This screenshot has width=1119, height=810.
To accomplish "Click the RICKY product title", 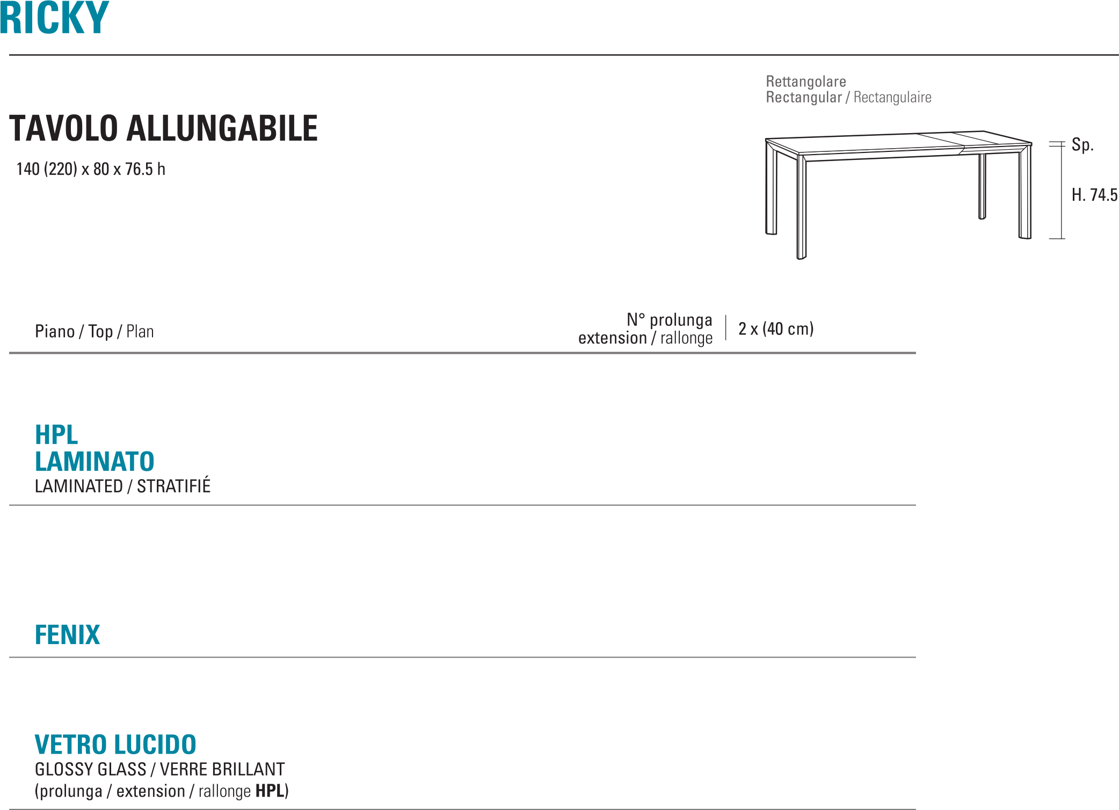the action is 54,18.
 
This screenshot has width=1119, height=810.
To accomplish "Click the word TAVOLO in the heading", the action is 63,129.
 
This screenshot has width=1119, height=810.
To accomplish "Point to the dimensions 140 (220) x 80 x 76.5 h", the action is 91,170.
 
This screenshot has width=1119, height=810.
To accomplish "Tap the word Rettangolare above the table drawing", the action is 805,82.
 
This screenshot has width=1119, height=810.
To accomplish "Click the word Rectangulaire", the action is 892,98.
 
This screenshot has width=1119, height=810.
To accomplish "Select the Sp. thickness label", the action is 1082,145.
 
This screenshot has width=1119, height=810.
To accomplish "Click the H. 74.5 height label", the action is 1094,195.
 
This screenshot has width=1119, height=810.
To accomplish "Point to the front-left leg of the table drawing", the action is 801,209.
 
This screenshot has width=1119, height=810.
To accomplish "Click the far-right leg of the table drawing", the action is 1025,193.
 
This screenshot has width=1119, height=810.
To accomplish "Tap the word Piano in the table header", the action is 55,332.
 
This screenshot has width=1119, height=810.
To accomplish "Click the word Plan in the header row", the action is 140,332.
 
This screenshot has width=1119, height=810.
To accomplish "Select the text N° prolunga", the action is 670,320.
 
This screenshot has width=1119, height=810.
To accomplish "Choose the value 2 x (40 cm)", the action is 776,329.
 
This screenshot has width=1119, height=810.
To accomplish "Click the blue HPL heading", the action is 56,435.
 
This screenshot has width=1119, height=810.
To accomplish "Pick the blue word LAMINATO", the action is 95,462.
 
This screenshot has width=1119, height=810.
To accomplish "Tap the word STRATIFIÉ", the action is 173,486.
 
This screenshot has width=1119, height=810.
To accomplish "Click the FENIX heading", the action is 68,634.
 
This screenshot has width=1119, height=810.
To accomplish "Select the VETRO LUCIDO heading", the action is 115,745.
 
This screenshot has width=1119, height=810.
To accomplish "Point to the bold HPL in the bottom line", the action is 271,791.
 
